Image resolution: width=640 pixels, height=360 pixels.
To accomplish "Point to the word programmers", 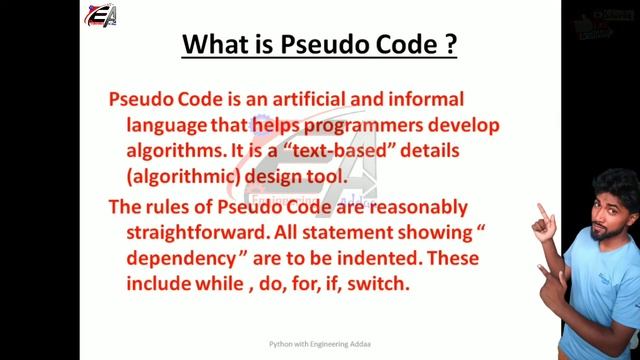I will (x=362, y=125).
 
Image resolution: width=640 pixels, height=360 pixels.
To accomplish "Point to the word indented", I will (x=376, y=259).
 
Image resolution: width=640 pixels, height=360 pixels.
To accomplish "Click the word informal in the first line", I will (x=426, y=100).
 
